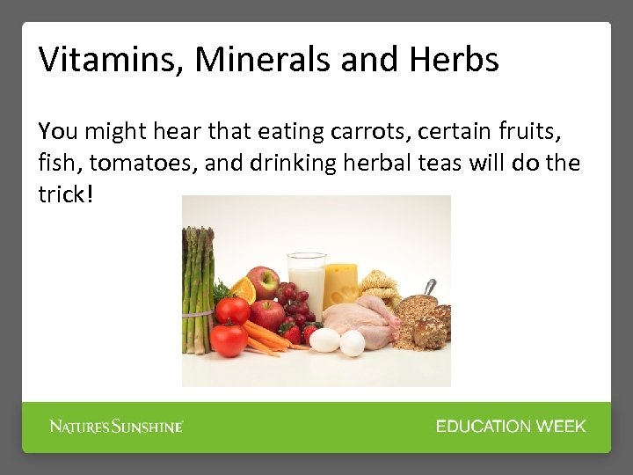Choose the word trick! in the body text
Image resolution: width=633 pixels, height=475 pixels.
tap(65, 194)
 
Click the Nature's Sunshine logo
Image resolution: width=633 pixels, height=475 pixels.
tap(116, 427)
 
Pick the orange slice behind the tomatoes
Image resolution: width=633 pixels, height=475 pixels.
tap(243, 289)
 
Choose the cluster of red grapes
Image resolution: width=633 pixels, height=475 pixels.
tap(292, 303)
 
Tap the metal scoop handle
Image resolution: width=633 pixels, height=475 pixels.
tap(428, 288)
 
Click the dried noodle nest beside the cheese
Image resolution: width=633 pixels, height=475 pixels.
tap(380, 286)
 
